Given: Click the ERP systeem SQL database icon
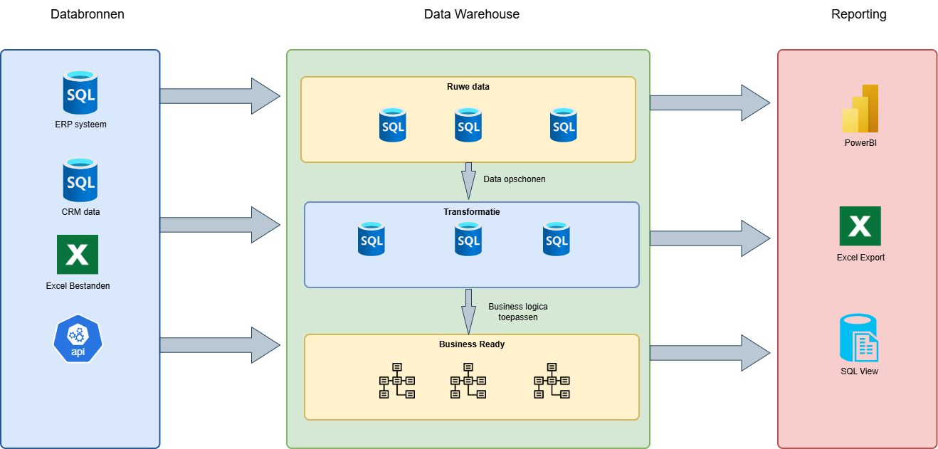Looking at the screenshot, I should [x=80, y=93].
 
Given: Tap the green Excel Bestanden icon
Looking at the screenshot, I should [x=78, y=255].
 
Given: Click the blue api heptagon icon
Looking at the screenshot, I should [x=78, y=338].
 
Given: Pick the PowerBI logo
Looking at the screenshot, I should [x=860, y=109].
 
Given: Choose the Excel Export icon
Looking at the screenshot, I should [x=860, y=226].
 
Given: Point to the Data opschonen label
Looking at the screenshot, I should [x=515, y=179].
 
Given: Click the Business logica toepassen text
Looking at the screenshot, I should [x=518, y=312].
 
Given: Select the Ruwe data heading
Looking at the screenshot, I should [x=468, y=87].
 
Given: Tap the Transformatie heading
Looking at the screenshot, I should [x=471, y=211].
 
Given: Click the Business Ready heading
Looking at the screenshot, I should [x=472, y=344].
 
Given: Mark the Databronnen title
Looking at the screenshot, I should [x=88, y=14].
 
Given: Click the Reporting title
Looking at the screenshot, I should [x=858, y=14].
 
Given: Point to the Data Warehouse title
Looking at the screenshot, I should [x=471, y=14].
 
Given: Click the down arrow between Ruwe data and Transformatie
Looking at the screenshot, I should [x=468, y=181].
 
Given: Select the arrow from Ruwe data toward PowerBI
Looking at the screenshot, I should [x=709, y=103].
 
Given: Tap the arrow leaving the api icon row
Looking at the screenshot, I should [x=219, y=345].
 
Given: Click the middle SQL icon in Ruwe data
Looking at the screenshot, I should [x=468, y=125].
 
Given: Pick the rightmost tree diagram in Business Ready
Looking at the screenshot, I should [x=552, y=381].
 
